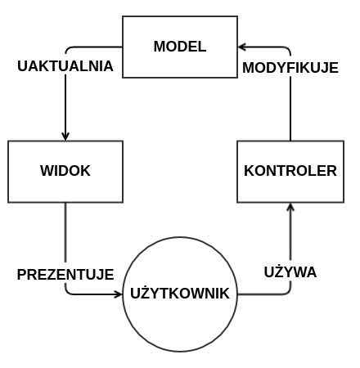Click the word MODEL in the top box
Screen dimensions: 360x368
[x=180, y=47]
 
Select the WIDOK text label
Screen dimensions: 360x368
[x=65, y=171]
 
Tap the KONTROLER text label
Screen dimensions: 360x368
[x=290, y=171]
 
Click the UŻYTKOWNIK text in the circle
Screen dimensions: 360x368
[x=180, y=294]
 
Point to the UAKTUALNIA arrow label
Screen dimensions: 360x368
[x=65, y=66]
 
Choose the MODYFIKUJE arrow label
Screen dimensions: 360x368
[x=290, y=68]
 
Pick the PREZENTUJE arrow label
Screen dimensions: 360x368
[x=65, y=275]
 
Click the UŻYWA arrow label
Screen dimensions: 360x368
[x=290, y=272]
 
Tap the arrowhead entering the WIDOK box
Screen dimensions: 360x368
[x=65, y=137]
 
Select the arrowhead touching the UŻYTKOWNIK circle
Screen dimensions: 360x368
[x=119, y=294]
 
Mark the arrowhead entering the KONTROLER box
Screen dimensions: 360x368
[x=290, y=207]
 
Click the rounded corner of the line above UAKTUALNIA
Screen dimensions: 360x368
[x=67, y=49]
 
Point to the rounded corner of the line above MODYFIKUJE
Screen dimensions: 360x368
[x=288, y=49]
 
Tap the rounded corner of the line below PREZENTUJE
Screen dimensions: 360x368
[x=67, y=292]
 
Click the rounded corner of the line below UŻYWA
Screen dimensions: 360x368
[x=289, y=292]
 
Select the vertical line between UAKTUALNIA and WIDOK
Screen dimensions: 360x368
[x=65, y=104]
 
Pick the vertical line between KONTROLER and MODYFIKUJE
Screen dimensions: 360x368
[x=290, y=109]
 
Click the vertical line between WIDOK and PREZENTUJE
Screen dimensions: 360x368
[x=65, y=232]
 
